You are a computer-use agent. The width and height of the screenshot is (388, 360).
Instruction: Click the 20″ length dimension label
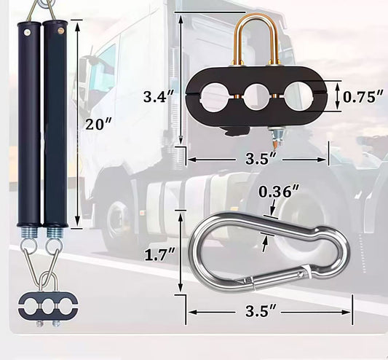(x=98, y=124)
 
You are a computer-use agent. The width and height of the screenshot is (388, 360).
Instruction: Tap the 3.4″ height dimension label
(x=159, y=97)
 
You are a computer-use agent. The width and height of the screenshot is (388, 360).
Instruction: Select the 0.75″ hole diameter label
(x=363, y=96)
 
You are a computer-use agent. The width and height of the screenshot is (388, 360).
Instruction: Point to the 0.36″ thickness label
(x=279, y=192)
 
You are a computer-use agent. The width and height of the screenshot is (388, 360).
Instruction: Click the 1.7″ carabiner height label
(x=159, y=255)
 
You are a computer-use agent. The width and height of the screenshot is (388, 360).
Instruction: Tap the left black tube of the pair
(x=29, y=124)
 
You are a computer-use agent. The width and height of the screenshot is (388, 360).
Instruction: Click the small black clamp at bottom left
(x=42, y=304)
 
